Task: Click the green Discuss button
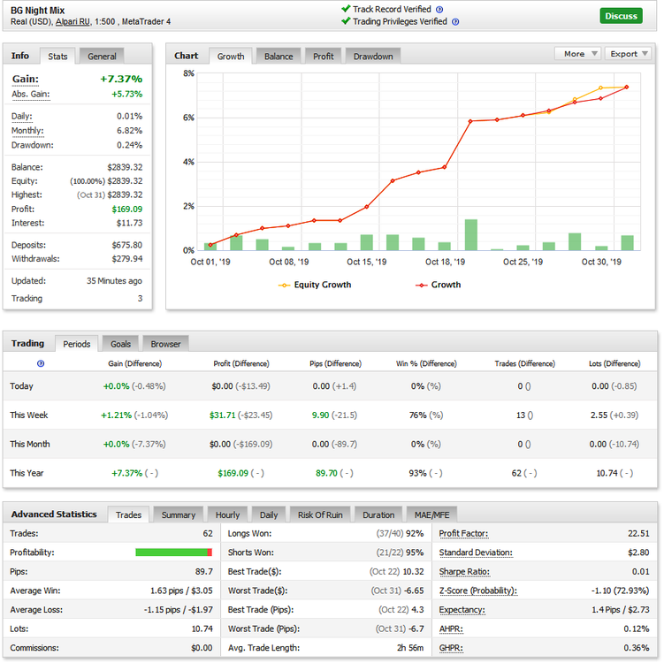[x=621, y=16]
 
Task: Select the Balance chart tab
[x=279, y=57]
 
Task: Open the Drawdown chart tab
[x=373, y=57]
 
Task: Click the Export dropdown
[x=629, y=54]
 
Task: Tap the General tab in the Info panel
[x=102, y=57]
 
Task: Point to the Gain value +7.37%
[x=121, y=79]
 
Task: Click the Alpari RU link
[x=73, y=21]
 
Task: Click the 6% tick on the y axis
[x=188, y=118]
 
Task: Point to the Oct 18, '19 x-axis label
[x=445, y=262]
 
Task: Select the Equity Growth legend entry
[x=315, y=285]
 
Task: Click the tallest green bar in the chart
[x=471, y=235]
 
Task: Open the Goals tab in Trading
[x=121, y=344]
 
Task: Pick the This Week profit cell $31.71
[x=222, y=415]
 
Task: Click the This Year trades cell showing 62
[x=516, y=473]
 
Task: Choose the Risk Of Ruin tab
[x=320, y=514]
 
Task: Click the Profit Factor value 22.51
[x=638, y=533]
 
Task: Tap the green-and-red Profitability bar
[x=173, y=552]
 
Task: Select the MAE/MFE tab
[x=431, y=514]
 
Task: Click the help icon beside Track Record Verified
[x=439, y=10]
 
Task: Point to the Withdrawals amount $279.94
[x=127, y=259]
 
